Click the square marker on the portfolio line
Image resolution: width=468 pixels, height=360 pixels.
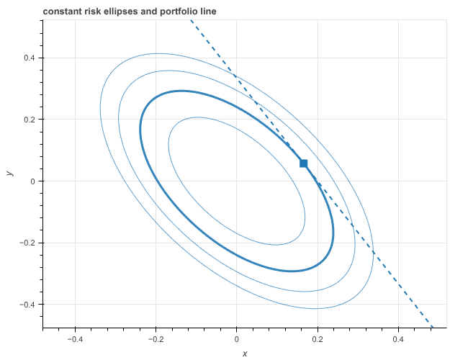303,163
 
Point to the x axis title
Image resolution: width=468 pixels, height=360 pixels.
245,353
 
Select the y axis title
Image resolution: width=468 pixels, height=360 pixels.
9,174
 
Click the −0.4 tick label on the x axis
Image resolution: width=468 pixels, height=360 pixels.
74,338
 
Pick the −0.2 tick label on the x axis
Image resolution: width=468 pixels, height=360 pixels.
155,338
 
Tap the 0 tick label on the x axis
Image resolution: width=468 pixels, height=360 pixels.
237,338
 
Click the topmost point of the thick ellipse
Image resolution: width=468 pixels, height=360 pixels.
181,91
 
